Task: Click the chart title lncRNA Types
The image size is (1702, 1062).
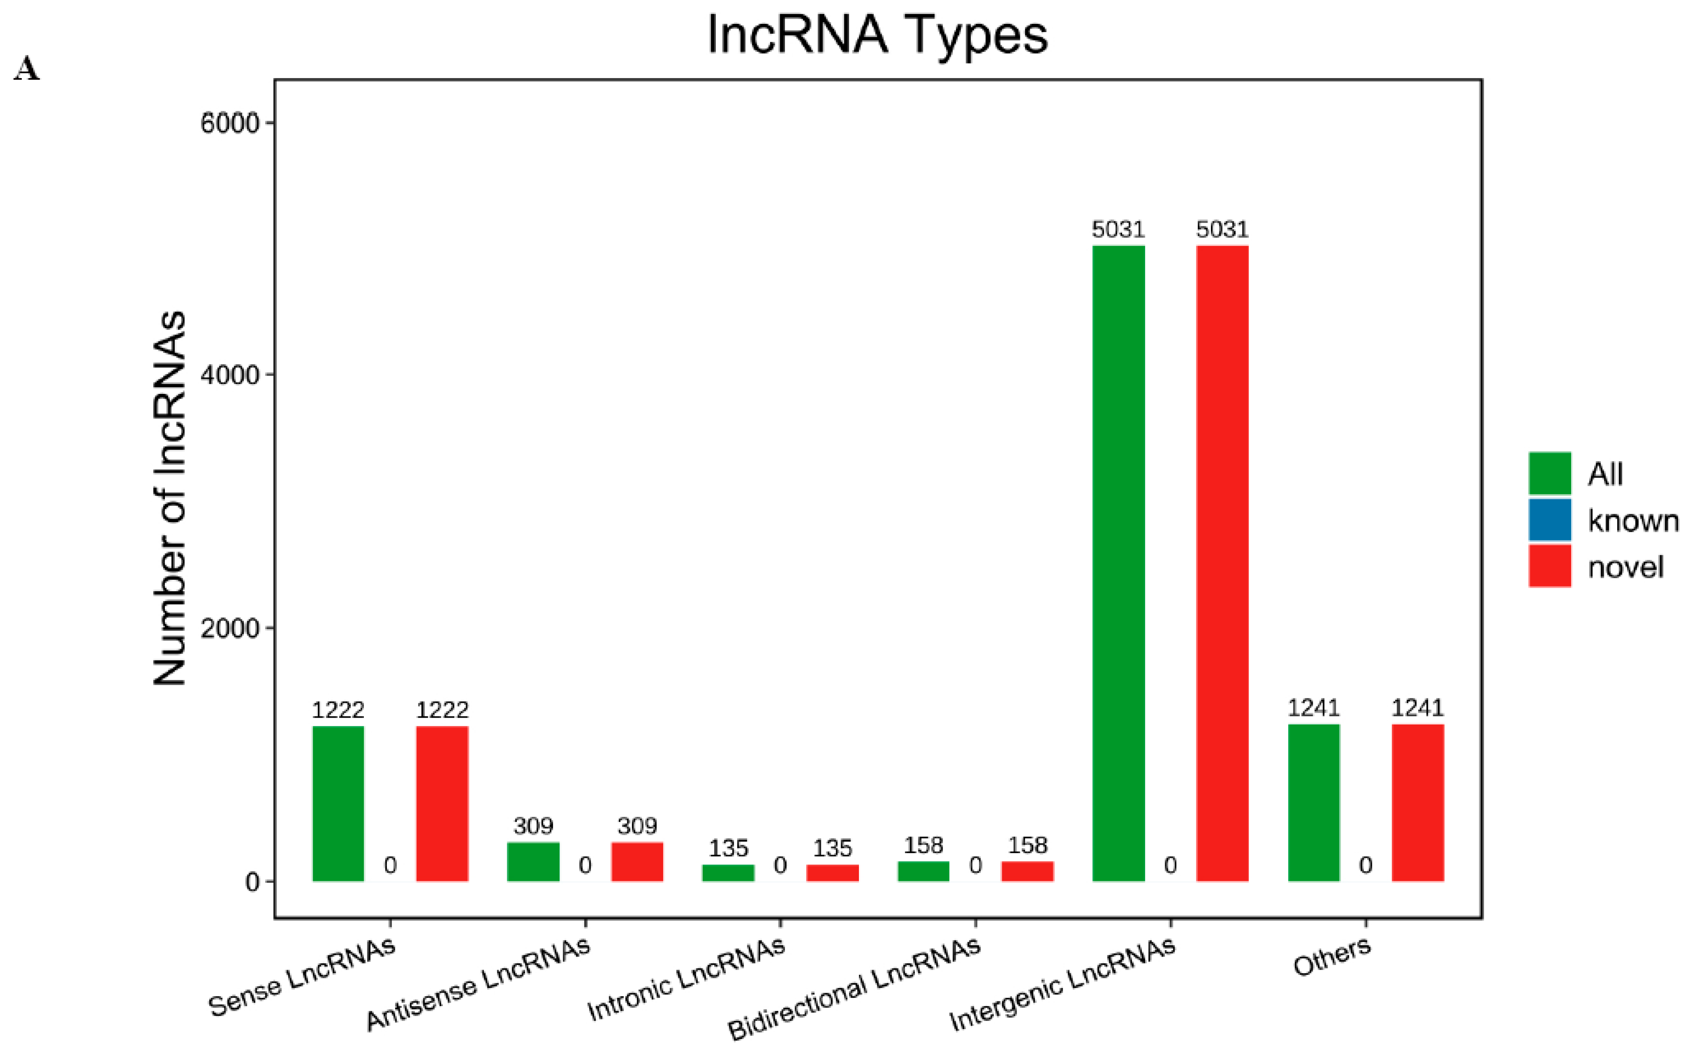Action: click(877, 35)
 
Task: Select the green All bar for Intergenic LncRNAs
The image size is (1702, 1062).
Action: click(1118, 562)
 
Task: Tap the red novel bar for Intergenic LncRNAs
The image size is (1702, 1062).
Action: click(1222, 562)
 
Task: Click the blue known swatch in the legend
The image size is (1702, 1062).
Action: click(1549, 520)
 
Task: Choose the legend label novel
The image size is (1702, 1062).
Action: click(1626, 567)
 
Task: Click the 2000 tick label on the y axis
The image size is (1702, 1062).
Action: click(230, 628)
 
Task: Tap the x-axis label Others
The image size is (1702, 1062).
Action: click(1332, 957)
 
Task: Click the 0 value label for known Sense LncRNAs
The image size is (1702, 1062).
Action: click(390, 865)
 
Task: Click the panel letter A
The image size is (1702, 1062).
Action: click(27, 69)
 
